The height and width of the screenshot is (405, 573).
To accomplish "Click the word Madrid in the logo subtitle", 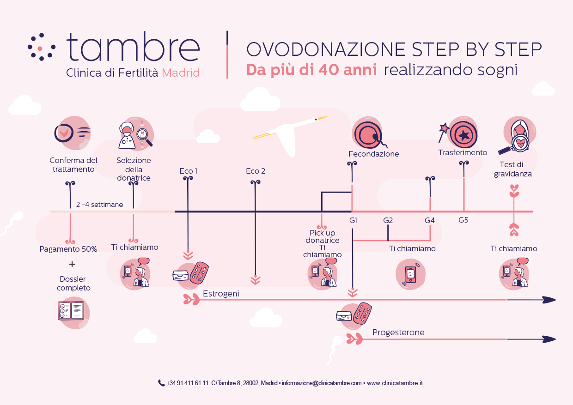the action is pos(181,73).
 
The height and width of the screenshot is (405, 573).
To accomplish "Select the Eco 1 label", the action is pos(188,171).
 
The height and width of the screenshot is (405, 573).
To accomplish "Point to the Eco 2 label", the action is pos(256,171).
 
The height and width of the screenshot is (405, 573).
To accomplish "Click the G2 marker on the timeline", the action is pos(388,220).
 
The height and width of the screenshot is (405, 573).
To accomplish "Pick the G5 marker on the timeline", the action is pos(463,220).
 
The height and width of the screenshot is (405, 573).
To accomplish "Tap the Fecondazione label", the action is pos(373,154).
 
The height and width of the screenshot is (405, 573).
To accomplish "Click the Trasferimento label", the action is pos(463,153).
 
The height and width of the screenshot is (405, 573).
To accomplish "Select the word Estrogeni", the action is pos(221,294).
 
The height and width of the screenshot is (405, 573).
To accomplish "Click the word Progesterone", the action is pos(398,332).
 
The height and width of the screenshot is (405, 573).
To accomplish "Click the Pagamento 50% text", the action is pos(68,249).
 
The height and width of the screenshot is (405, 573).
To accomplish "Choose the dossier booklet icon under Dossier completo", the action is pos(71,311).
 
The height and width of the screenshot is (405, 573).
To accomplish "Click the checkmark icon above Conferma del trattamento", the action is pos(64,133).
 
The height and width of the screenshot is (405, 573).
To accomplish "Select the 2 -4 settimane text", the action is pos(99,205).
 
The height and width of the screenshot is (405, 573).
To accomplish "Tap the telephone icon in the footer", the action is pos(161,383).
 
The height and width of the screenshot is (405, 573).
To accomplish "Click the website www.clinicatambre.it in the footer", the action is pos(395,383).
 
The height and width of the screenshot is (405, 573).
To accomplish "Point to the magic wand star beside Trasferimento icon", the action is pos(445,128).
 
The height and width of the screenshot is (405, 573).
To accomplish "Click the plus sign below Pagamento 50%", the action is pos(72,264).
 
